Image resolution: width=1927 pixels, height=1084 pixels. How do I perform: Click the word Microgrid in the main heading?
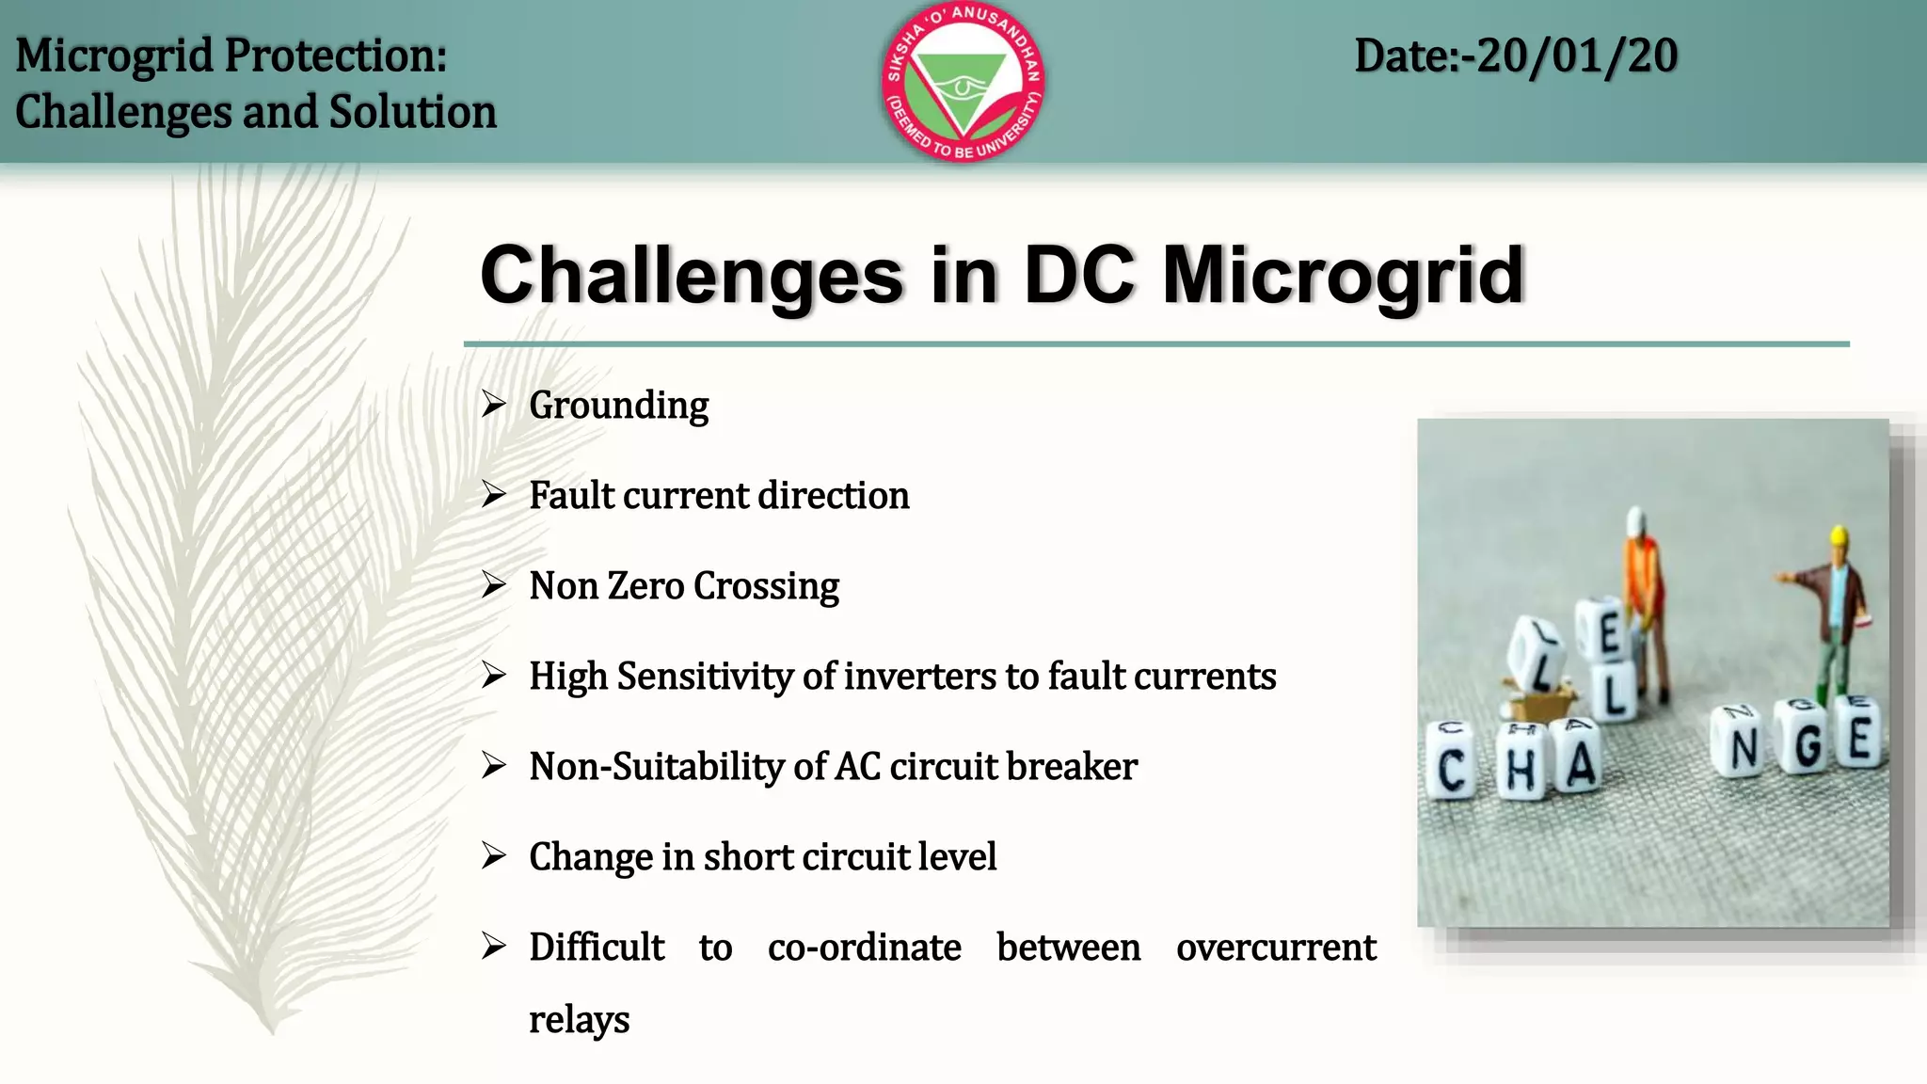[1343, 276]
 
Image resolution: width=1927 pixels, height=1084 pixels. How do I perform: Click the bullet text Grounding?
[618, 406]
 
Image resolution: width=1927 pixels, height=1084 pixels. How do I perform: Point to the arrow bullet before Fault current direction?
[494, 494]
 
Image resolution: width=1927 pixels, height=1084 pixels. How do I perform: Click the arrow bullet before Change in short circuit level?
[494, 855]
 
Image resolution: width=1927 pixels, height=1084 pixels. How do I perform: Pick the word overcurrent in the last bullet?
[1276, 948]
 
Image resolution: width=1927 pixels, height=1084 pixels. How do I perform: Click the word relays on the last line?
[579, 1020]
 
